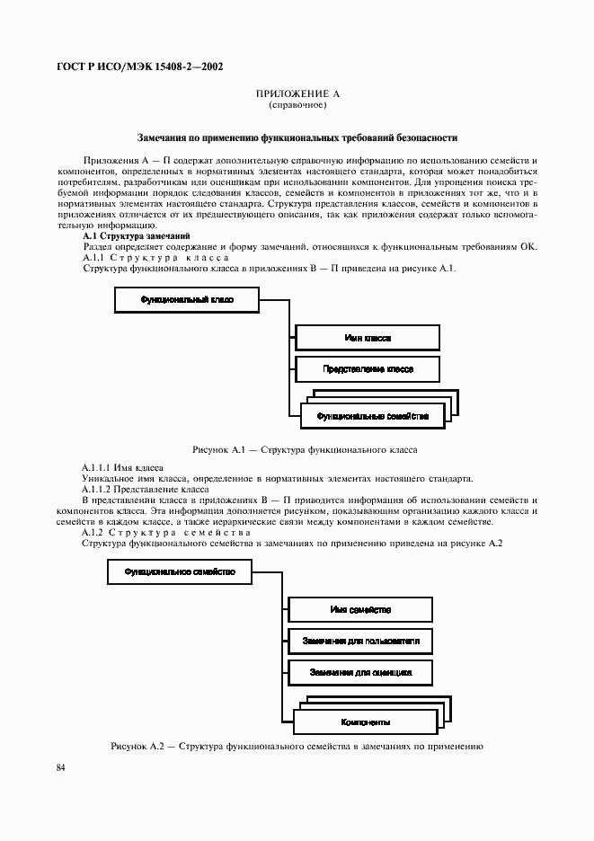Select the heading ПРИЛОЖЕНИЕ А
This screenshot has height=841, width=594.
click(x=297, y=94)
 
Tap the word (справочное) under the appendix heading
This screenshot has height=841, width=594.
click(x=297, y=105)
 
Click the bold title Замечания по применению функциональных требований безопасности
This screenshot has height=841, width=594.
click(x=297, y=138)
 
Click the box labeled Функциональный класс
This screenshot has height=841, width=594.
click(x=187, y=300)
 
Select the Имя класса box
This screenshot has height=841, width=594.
click(x=368, y=338)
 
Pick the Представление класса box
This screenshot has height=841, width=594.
click(x=368, y=369)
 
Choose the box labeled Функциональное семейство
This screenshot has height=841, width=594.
click(x=180, y=571)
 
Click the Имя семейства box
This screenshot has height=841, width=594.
click(x=359, y=609)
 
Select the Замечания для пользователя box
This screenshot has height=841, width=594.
click(x=359, y=641)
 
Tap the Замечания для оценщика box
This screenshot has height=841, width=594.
click(x=359, y=672)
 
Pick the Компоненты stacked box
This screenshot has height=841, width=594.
click(x=365, y=721)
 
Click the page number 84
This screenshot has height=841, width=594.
click(x=61, y=767)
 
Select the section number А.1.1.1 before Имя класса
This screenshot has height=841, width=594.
click(x=96, y=468)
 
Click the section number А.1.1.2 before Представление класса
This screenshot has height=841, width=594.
click(x=96, y=489)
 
